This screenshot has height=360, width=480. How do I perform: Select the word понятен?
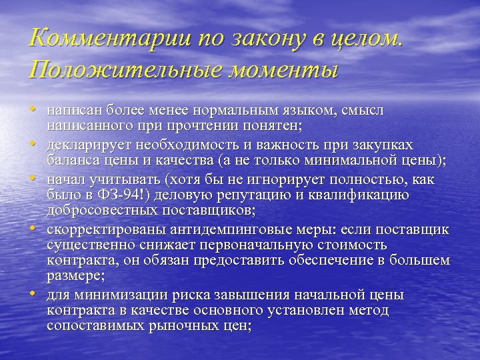click(273, 125)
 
